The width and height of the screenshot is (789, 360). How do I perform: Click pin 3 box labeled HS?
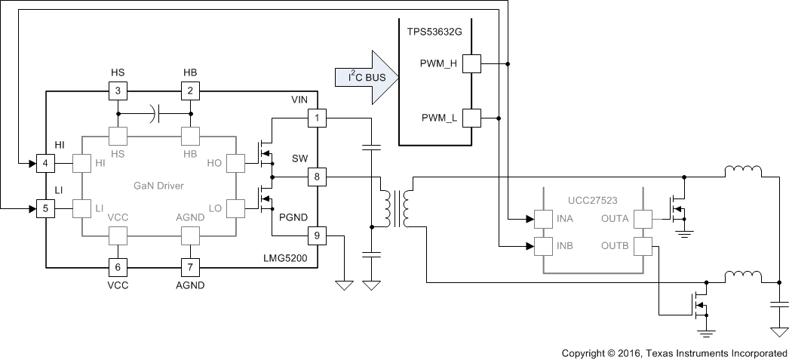point(118,91)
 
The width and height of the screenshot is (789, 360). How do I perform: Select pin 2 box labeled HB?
point(190,91)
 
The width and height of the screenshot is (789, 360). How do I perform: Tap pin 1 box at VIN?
point(316,118)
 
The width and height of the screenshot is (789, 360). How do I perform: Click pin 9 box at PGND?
point(316,236)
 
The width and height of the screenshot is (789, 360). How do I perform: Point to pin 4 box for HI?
point(46,162)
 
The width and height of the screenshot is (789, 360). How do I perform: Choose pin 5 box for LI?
point(46,208)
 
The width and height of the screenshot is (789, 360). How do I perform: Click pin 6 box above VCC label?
point(118,266)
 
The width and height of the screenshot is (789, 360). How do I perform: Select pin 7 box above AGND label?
point(190,266)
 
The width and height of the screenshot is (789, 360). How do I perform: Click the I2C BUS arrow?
point(365,75)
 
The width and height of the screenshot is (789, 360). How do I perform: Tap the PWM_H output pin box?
point(471,64)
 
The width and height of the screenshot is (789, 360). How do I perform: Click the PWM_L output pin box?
point(471,118)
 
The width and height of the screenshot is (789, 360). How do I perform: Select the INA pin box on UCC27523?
point(544,220)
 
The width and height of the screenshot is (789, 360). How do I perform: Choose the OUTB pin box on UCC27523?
point(643,246)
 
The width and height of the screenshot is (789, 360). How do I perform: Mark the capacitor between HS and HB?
point(155,115)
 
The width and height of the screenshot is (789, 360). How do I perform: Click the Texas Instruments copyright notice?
point(674,353)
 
